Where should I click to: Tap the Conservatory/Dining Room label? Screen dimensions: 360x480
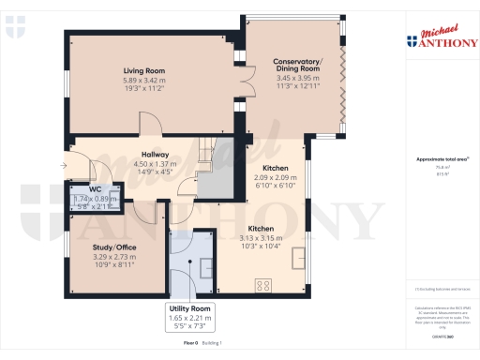(x=296, y=67)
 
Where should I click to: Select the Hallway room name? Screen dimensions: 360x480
(x=155, y=154)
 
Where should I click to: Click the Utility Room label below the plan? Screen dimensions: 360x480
(x=190, y=308)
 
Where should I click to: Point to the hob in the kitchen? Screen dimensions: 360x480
(x=264, y=286)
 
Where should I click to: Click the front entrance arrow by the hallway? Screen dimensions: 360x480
(x=63, y=166)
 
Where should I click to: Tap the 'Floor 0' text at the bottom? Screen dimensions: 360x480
(x=190, y=344)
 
